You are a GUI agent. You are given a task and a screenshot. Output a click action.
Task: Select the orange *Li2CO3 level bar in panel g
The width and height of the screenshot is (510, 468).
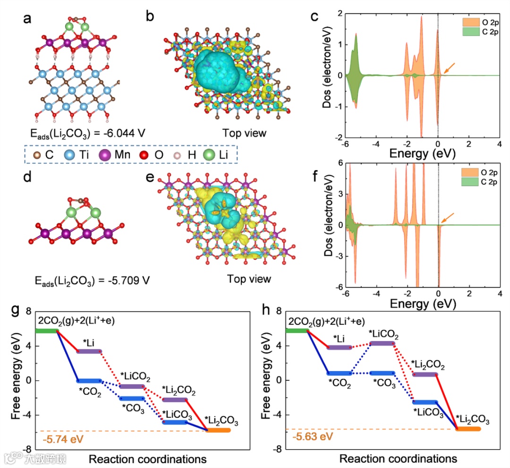tap(217, 430)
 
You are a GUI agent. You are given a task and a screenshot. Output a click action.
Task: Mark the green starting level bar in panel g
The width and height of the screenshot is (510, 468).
tap(46, 331)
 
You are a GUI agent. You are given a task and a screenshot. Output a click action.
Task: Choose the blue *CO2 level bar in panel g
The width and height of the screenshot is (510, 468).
tap(89, 381)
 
